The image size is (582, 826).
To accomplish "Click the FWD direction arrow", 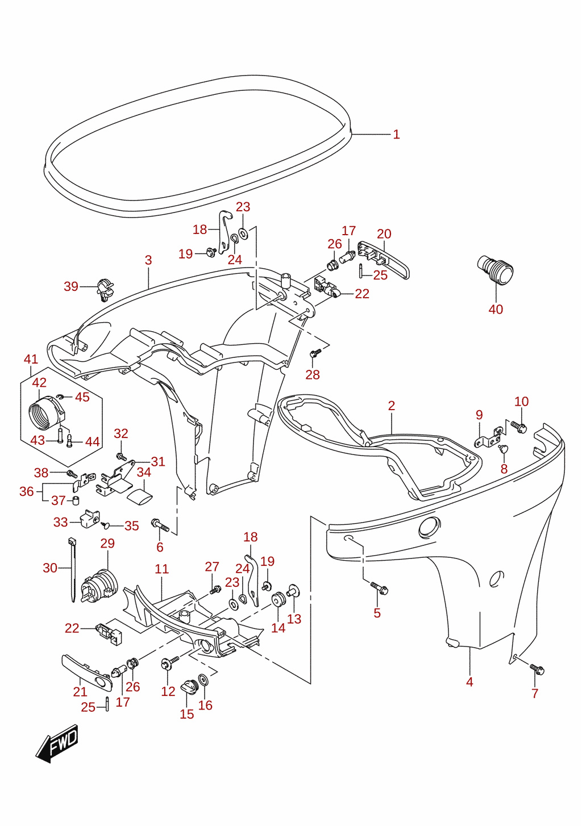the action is [57, 744].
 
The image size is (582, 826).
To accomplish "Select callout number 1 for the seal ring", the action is [396, 134].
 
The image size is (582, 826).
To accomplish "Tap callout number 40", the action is [496, 309].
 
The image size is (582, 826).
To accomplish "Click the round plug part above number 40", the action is [496, 270].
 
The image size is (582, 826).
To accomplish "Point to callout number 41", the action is [31, 359].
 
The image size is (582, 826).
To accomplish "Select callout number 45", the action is [82, 397].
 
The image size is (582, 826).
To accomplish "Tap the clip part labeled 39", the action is [105, 290].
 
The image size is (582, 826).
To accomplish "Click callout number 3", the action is [148, 260].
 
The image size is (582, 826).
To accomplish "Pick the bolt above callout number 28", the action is [315, 353].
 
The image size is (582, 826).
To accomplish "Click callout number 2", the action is [392, 406].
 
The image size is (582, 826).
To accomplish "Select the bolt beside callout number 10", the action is [519, 427].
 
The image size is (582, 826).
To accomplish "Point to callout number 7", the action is [535, 693].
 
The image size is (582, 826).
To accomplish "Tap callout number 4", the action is [469, 682].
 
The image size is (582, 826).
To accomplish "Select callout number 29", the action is [107, 543].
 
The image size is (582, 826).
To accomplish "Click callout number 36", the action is [27, 491].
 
